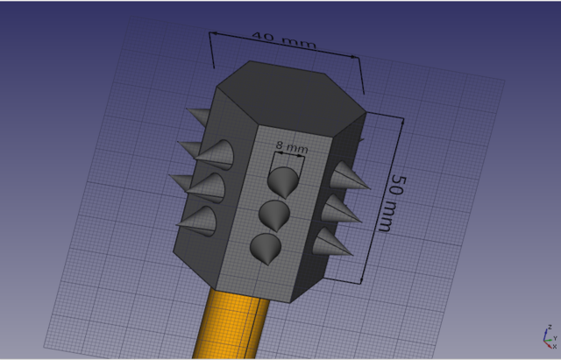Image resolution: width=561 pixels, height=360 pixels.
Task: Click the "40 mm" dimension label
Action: (284, 39)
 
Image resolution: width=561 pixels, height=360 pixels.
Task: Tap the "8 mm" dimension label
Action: (292, 147)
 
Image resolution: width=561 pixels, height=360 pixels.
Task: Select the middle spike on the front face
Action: (273, 215)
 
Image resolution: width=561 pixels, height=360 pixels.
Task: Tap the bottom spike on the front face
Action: (265, 249)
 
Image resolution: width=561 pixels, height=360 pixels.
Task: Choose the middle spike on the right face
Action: (340, 208)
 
